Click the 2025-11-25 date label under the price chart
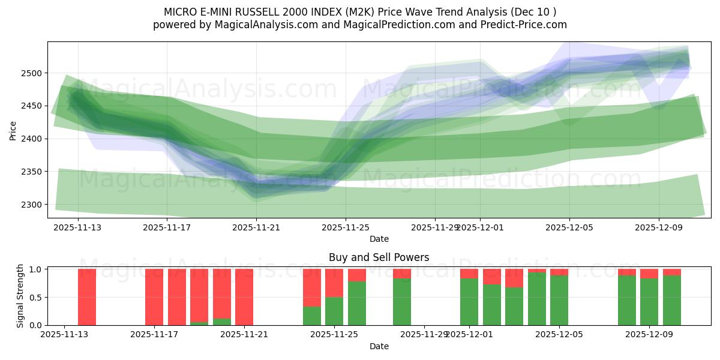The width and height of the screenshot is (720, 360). point(346,227)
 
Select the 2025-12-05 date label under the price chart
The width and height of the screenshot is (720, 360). point(569,227)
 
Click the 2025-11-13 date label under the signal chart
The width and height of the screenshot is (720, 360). point(64,335)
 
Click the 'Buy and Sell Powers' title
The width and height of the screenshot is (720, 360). point(379,257)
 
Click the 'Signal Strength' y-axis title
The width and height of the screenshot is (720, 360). point(20,296)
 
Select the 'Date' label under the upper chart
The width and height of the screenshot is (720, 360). point(379,239)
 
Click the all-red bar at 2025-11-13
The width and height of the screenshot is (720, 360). point(87,297)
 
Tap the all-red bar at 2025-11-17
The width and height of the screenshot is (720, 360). point(154,297)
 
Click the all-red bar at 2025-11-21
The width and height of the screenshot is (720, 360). point(244,297)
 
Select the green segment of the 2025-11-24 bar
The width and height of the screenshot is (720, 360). point(311,316)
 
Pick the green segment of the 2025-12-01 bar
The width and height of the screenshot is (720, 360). point(469,302)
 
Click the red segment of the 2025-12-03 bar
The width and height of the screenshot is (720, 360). point(514,278)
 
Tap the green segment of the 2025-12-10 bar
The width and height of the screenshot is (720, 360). point(672,300)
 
